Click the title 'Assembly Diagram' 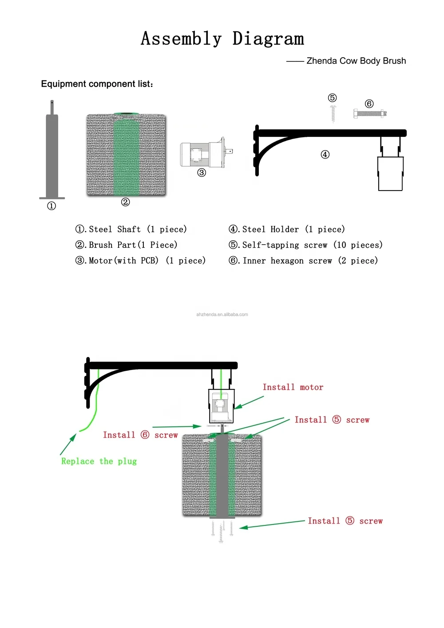tap(222, 39)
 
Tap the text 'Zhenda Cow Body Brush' tap(356, 61)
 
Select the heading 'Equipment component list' tap(97, 84)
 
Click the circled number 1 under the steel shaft tap(52, 206)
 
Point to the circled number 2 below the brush tap(126, 202)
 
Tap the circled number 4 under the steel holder tap(325, 155)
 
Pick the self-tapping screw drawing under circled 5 tap(333, 114)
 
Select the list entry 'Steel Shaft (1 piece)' tap(131, 229)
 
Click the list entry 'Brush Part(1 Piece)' tap(127, 245)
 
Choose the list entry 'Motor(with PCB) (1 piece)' tap(141, 261)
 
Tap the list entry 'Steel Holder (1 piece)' tap(287, 229)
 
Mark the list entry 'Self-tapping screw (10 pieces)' tap(305, 245)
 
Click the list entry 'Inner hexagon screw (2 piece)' tap(303, 261)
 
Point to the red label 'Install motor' tap(293, 387)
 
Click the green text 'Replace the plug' tap(99, 461)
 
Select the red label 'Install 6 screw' tap(140, 435)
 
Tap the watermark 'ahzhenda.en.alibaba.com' tap(222, 314)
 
